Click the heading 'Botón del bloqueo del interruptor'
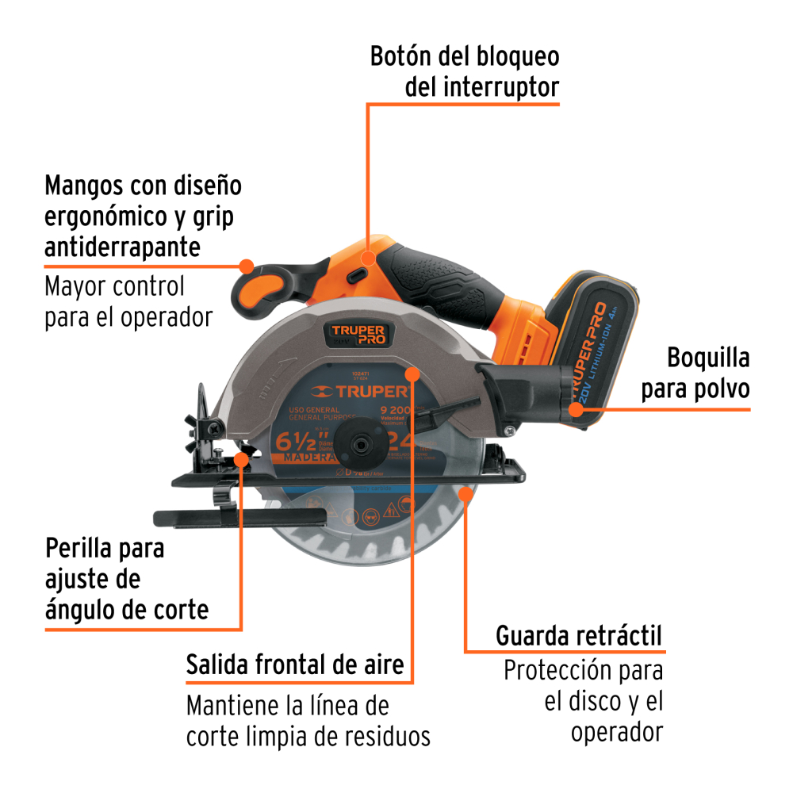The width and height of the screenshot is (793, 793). click(x=465, y=71)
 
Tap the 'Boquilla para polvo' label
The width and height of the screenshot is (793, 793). click(x=695, y=373)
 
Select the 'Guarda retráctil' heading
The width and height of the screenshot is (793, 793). click(x=579, y=635)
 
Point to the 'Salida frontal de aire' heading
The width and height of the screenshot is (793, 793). click(x=295, y=664)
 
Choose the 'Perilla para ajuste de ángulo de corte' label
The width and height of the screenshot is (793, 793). click(x=127, y=579)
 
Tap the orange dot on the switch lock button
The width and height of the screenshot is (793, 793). click(x=368, y=258)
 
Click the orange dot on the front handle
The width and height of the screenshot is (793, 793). click(x=246, y=266)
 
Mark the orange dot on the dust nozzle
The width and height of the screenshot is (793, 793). click(x=577, y=409)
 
